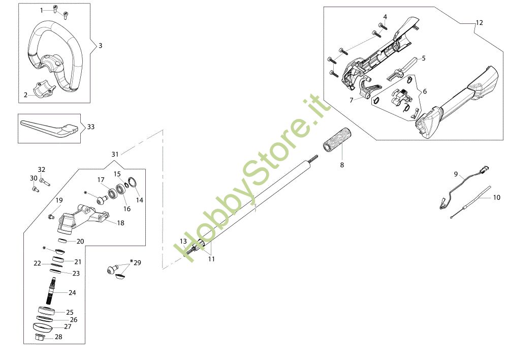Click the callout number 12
coord(480,23)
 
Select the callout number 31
coord(115,154)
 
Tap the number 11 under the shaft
coord(211,259)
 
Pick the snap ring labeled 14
coord(133,183)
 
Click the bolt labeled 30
coord(35,189)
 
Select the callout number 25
coord(70,312)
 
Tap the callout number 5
coord(423,58)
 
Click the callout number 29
coord(137,263)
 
